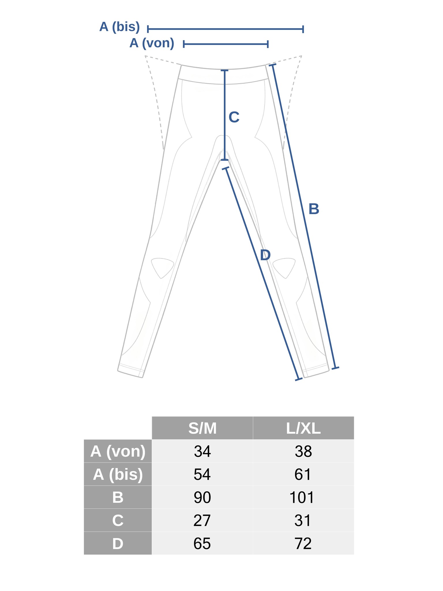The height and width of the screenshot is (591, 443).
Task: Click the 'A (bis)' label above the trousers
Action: tap(120, 27)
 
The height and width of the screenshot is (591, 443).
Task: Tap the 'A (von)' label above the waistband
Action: tap(152, 43)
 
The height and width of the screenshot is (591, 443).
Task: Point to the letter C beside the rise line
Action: tap(234, 117)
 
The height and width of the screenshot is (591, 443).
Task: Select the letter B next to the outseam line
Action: tap(314, 209)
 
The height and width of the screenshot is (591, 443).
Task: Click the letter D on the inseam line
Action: tap(265, 255)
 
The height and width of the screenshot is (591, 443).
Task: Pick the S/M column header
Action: tap(202, 428)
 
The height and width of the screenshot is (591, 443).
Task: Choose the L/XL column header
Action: tap(303, 428)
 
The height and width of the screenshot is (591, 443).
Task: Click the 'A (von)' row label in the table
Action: tap(118, 451)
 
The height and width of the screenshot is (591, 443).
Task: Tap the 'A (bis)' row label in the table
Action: tap(118, 474)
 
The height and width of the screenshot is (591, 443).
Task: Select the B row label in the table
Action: tap(118, 498)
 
